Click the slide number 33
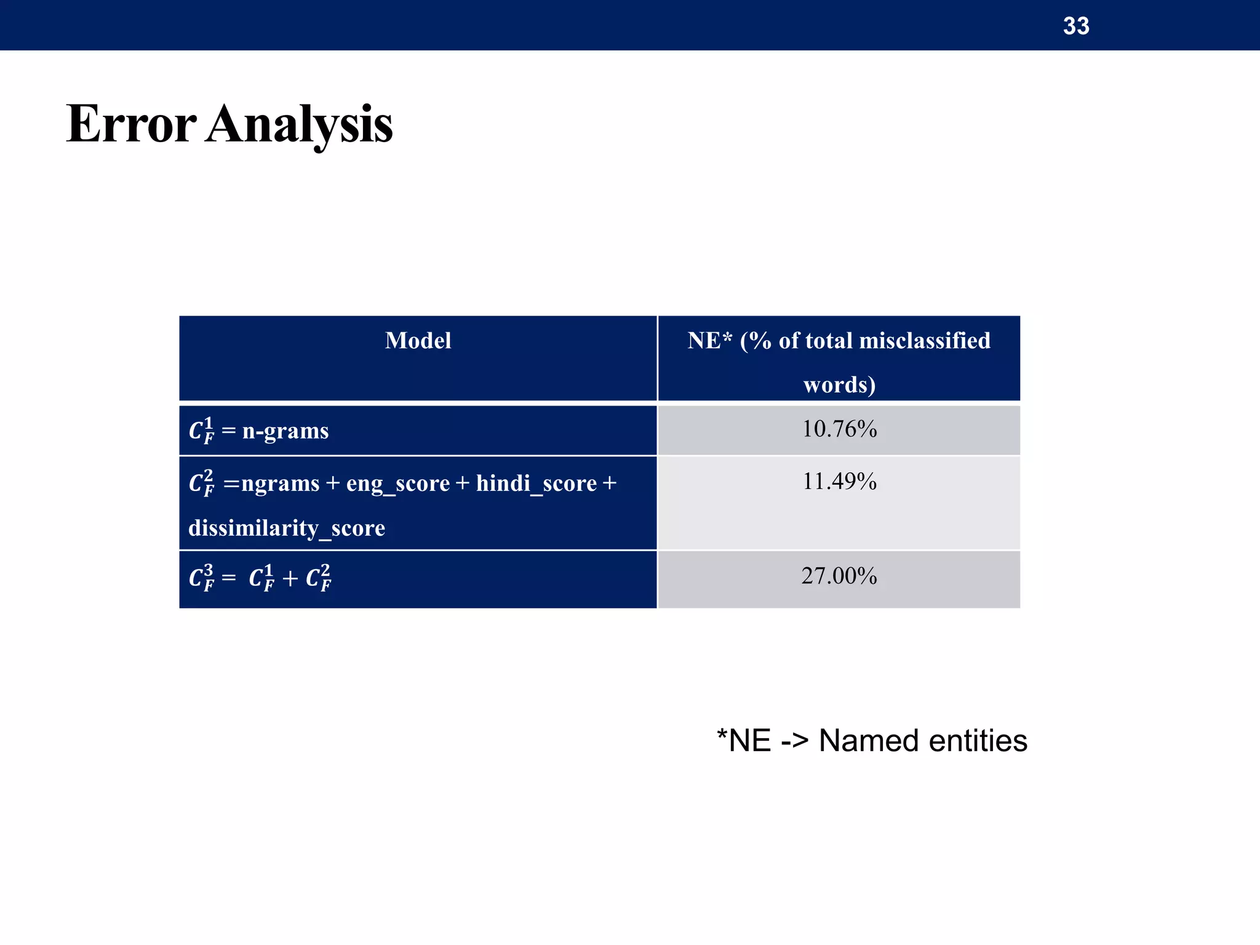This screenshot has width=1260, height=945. click(x=1076, y=26)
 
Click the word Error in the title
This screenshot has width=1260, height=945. click(x=131, y=124)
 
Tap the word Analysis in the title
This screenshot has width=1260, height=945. click(x=299, y=124)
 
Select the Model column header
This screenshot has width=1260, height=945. click(x=418, y=341)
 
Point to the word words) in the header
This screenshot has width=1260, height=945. click(x=839, y=385)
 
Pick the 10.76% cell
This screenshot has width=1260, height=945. click(x=839, y=429)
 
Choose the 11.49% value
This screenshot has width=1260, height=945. click(x=839, y=481)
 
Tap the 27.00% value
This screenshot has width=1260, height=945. click(x=839, y=576)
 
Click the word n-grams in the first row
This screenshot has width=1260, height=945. click(x=285, y=431)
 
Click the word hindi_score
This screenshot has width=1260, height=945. click(x=536, y=484)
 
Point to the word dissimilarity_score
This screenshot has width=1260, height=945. click(x=287, y=528)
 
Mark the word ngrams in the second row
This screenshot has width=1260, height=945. click(x=280, y=484)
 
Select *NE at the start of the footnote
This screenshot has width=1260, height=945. click(x=744, y=740)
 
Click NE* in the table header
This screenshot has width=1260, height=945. click(x=709, y=341)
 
